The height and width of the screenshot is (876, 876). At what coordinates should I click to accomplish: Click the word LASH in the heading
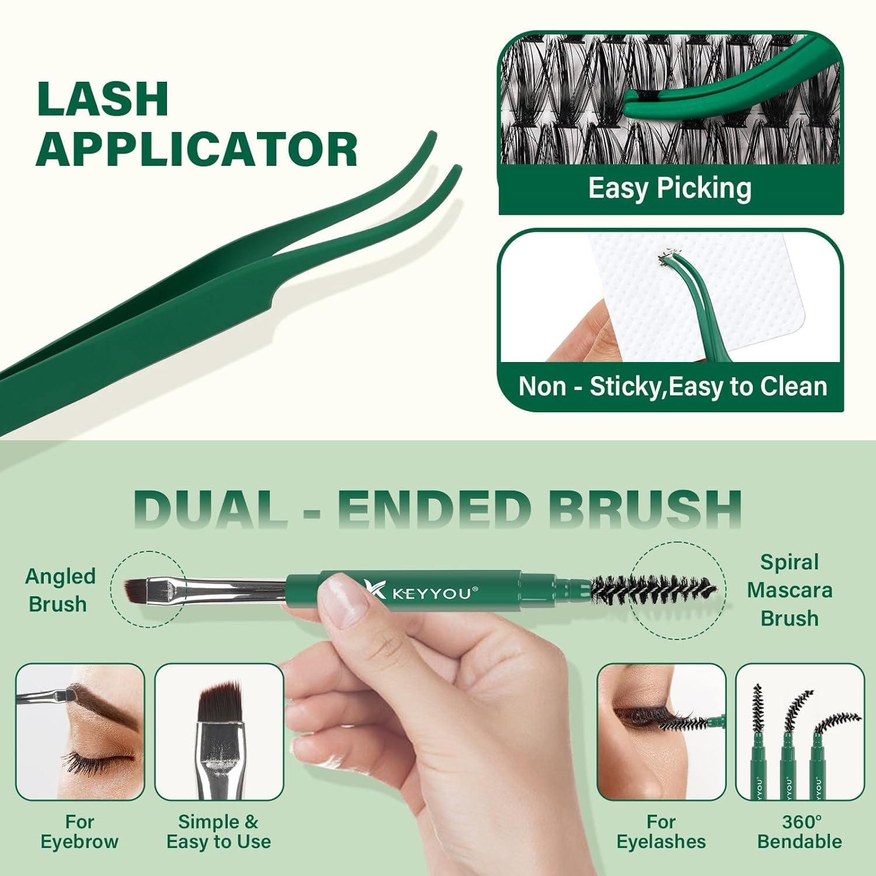tap(103, 99)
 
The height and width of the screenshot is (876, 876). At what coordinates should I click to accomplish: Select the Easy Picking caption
tap(669, 189)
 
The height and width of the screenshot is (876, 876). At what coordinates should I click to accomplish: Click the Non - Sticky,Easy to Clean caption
tap(673, 387)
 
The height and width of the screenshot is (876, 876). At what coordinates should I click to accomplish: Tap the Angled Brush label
tap(60, 590)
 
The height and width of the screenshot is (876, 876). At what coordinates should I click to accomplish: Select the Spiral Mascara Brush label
tap(790, 590)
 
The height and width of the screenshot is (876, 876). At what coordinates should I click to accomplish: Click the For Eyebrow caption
tap(79, 832)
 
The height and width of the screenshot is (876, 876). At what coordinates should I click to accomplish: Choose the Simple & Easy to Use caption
tap(218, 832)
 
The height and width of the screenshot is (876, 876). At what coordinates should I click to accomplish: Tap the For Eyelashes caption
tap(661, 832)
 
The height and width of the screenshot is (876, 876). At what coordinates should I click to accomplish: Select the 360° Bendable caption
tap(799, 832)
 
